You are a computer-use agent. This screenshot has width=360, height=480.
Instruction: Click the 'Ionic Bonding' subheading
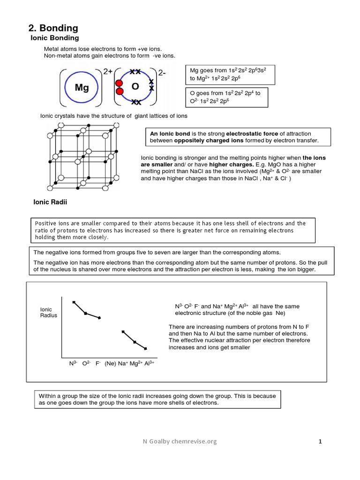click(54, 37)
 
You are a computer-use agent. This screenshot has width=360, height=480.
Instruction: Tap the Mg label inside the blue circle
click(82, 88)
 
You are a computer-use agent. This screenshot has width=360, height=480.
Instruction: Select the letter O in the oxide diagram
click(135, 87)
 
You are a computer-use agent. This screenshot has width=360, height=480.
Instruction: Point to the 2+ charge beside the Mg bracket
click(108, 72)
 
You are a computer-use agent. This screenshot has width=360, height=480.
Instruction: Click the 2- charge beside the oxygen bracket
click(163, 73)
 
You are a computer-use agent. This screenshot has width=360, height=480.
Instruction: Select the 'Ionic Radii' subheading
click(50, 202)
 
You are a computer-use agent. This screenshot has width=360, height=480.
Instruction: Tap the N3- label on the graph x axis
click(73, 363)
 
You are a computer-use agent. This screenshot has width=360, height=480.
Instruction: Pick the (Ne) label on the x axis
click(110, 363)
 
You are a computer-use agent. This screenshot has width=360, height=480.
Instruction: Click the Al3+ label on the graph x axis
click(150, 363)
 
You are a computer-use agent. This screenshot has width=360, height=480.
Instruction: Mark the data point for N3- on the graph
click(74, 302)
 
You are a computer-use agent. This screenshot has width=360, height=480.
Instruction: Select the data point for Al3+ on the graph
click(145, 349)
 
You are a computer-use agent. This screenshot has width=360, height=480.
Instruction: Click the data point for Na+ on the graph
click(123, 332)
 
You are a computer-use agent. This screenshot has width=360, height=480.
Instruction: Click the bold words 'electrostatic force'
click(254, 134)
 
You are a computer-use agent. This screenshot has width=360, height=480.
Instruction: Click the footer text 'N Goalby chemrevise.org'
click(180, 441)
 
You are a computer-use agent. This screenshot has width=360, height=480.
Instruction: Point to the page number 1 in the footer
click(320, 441)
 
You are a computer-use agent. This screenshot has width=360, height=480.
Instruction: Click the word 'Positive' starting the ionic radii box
click(45, 223)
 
